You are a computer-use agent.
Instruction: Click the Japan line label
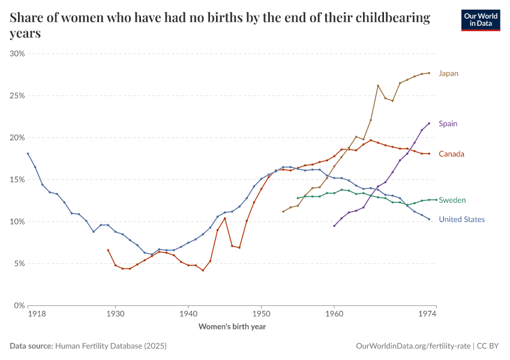(448, 73)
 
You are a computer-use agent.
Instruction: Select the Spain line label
(448, 124)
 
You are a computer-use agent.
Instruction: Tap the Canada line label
(451, 154)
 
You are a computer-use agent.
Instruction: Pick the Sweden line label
(452, 200)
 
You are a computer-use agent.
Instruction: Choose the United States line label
(462, 220)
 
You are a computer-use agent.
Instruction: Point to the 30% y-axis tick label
(17, 53)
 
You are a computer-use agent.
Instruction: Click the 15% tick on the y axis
(17, 180)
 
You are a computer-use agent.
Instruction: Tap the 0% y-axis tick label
(19, 305)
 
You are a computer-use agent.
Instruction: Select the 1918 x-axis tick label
(37, 314)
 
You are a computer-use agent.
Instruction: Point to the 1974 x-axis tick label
(427, 314)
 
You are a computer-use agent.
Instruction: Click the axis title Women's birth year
(232, 326)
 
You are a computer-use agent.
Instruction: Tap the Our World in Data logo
(481, 20)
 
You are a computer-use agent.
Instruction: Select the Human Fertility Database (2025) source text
(111, 346)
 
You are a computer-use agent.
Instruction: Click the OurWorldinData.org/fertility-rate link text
(413, 346)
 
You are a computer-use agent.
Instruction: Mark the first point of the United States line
(28, 154)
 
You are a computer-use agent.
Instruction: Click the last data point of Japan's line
(430, 73)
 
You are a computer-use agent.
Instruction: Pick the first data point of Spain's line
(334, 226)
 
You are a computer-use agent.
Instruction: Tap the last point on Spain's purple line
(430, 123)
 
